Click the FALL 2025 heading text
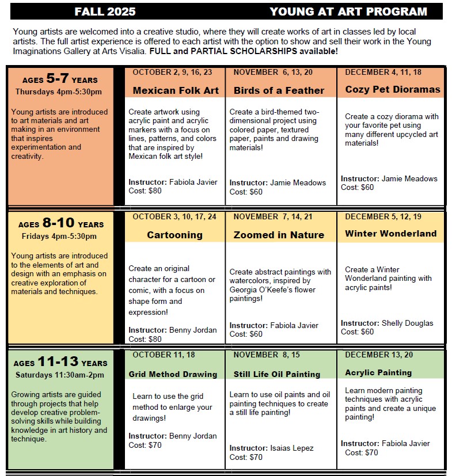pos(105,12)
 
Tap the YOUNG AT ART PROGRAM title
pos(348,12)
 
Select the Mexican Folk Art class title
pos(176,90)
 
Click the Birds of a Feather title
pos(279,90)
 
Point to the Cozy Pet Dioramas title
pos(392,89)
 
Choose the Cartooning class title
pos(174,235)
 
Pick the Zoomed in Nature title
pos(279,235)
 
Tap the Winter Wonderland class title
pos(390,234)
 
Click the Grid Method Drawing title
pos(173,374)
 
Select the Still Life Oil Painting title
pos(276,374)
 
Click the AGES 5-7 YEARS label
pos(60,79)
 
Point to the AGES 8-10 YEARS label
pos(60,223)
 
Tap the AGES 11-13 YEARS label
pos(60,362)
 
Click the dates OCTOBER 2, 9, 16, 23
pos(172,72)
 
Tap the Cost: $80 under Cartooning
pos(145,339)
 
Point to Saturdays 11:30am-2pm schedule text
pos(59,375)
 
